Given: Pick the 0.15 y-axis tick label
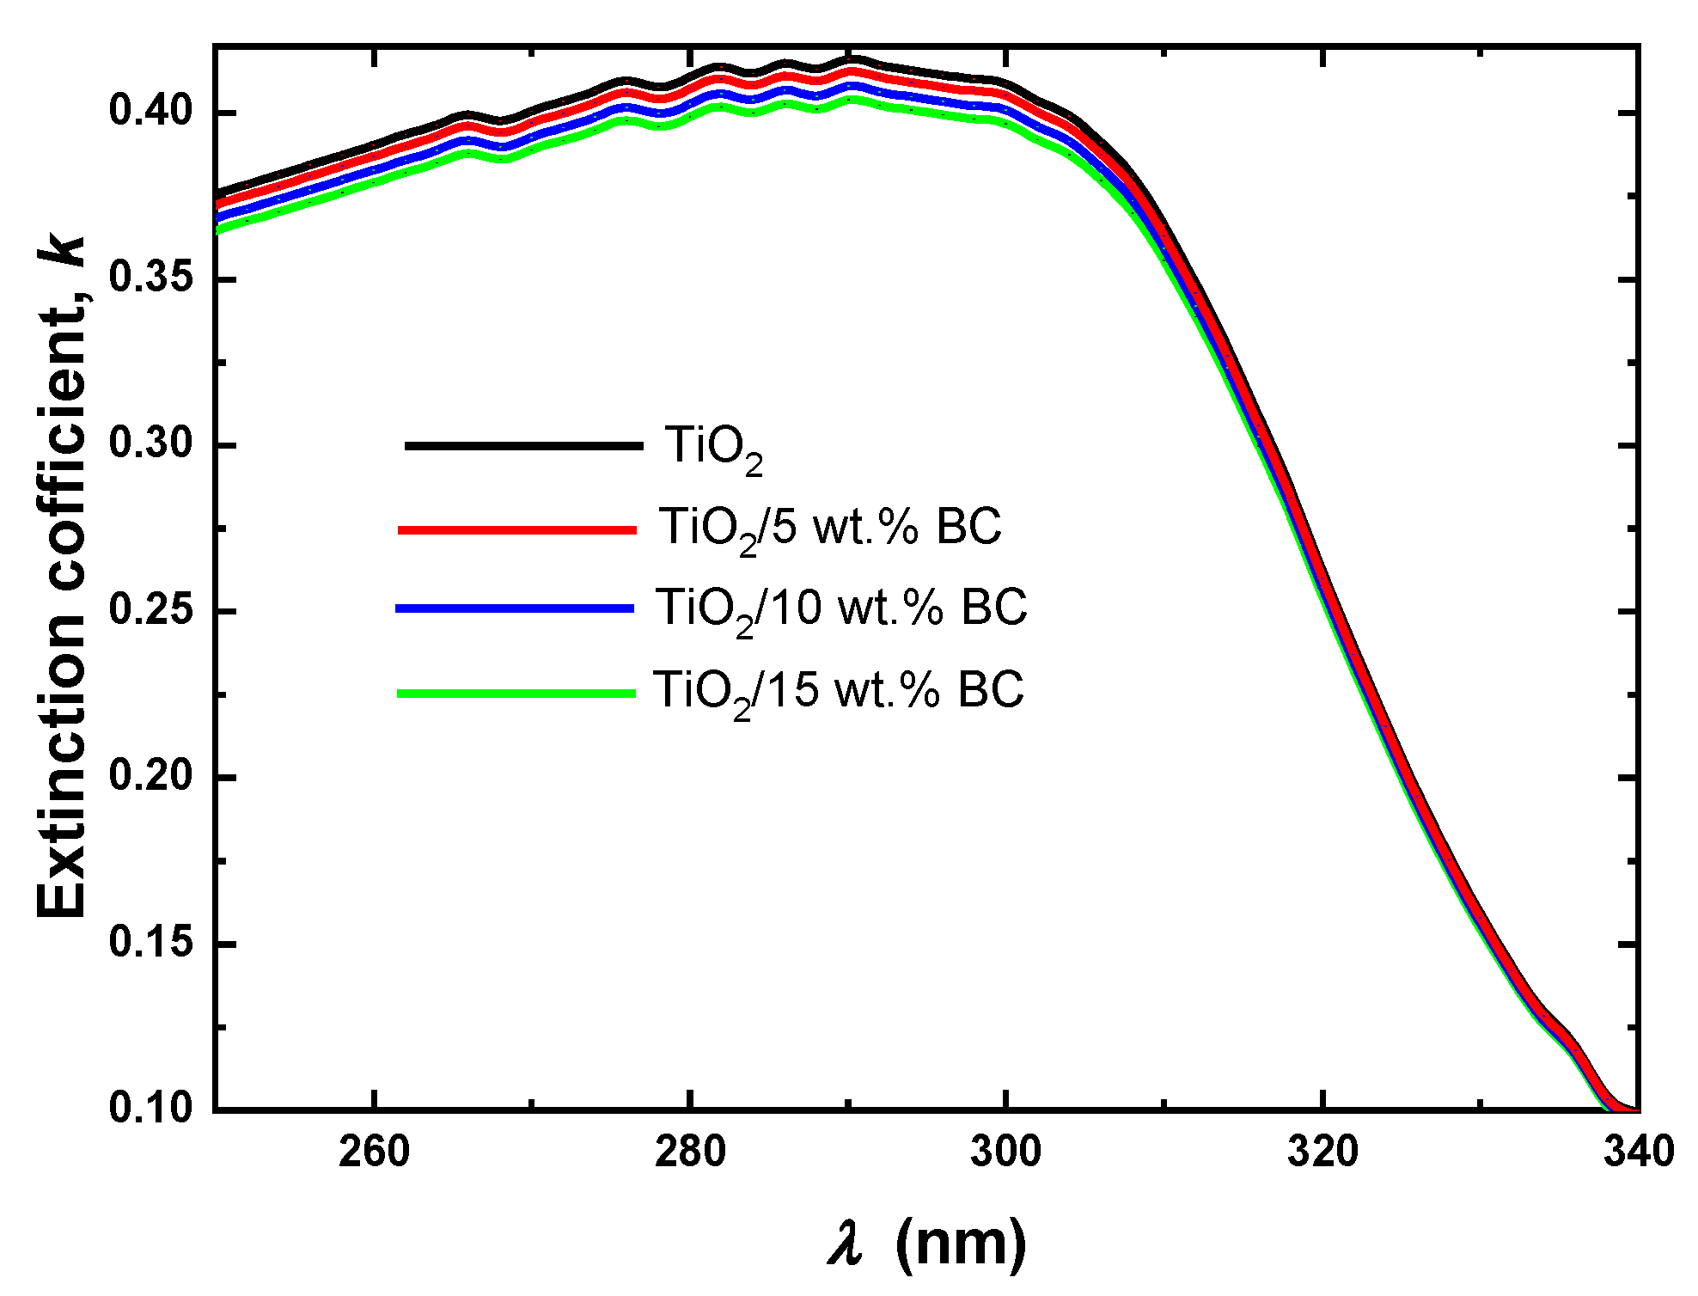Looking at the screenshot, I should tap(151, 942).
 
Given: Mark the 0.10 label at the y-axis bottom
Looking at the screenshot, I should tap(151, 1107).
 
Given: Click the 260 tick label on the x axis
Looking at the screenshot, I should tap(374, 1152).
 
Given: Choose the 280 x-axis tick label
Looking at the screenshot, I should tap(690, 1152).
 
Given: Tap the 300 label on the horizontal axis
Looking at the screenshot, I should tap(1005, 1152).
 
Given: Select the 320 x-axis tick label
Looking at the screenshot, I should tap(1322, 1152).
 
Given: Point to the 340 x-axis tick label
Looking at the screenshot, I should tap(1638, 1152).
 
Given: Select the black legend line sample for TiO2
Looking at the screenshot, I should tap(523, 445).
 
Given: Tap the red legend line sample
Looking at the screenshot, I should tap(517, 530).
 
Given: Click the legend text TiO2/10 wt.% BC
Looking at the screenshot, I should tap(840, 608).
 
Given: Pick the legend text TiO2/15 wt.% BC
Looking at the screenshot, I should tap(838, 690).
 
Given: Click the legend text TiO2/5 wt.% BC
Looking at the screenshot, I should tap(829, 528).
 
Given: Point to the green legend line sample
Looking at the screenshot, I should tap(516, 693).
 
